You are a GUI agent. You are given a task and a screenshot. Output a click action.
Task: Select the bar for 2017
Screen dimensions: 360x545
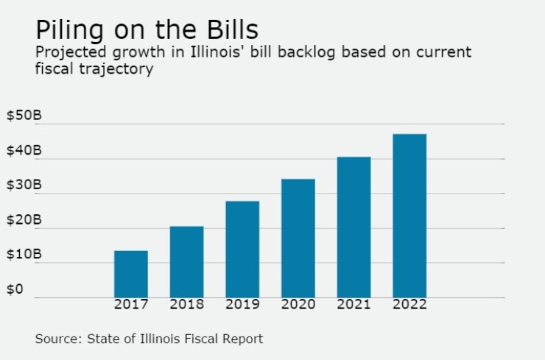coord(131,274)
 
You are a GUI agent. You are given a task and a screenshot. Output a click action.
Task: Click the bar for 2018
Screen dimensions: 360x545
coord(187,261)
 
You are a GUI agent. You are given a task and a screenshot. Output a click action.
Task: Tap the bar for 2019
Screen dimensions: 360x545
coord(242,249)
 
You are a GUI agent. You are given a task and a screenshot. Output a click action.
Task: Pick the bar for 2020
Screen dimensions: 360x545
coord(298,238)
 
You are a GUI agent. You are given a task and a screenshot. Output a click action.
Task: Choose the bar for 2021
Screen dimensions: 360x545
coord(354,227)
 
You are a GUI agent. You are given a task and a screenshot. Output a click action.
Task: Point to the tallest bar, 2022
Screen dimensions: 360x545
coord(409,215)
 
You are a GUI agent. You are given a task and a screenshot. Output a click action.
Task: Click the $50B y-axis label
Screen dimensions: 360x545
coord(24,116)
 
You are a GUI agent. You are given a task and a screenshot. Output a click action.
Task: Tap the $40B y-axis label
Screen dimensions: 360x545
coord(24,151)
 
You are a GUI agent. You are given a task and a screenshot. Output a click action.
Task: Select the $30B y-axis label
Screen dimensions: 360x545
coord(24,186)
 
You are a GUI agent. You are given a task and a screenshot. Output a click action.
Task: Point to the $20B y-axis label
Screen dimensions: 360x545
coord(24,220)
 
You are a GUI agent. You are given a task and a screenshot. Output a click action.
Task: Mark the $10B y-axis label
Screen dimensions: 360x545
coord(24,255)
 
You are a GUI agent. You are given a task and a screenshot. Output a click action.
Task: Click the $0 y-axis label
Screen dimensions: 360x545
coord(15,289)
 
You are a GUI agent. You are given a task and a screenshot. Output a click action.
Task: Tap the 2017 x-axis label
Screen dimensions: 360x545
coord(131,305)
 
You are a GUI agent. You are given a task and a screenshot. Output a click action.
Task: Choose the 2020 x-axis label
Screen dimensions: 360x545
coord(298,305)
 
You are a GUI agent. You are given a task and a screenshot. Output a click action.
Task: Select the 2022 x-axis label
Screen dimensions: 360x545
coord(409,305)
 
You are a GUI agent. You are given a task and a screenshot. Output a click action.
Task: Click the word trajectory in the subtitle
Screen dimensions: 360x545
coord(113,68)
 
